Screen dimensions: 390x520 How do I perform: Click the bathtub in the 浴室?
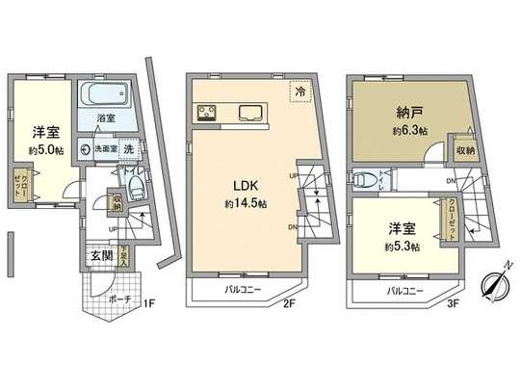[x=107, y=95]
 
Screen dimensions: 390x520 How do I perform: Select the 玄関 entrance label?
[x=101, y=255]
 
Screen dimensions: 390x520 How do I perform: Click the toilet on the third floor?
[x=367, y=180]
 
